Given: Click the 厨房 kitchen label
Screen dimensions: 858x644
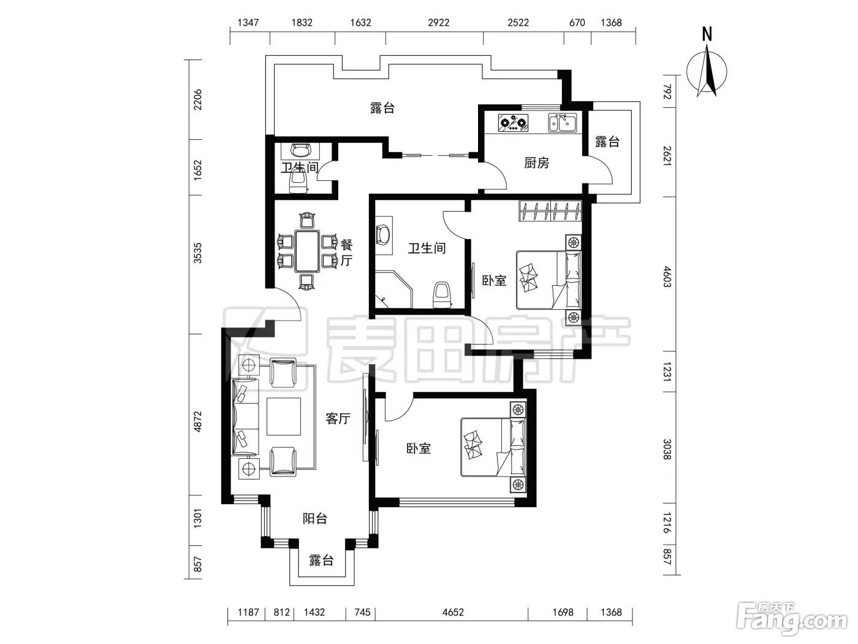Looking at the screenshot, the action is click(x=536, y=163).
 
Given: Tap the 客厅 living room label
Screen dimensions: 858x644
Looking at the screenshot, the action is click(x=338, y=419).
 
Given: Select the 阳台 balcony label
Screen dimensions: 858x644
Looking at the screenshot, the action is click(x=314, y=518).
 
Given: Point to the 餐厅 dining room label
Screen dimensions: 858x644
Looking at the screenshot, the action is click(x=346, y=253).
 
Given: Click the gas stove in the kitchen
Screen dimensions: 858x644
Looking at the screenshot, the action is click(x=513, y=123).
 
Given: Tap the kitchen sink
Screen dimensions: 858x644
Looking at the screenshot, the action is click(x=562, y=123).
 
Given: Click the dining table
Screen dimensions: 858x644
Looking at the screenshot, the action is click(x=307, y=251).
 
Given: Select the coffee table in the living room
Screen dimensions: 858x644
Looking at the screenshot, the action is click(x=283, y=416).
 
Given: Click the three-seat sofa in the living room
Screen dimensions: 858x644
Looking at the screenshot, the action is click(x=245, y=417).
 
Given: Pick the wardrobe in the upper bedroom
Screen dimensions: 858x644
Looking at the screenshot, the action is click(x=550, y=211).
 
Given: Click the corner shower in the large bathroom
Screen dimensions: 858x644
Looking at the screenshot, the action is click(x=393, y=289).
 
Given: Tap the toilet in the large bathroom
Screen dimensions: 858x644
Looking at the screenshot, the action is click(x=442, y=295).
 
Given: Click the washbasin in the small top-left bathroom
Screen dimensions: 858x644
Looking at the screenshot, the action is click(x=300, y=151).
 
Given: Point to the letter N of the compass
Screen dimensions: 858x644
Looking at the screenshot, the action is click(x=707, y=34).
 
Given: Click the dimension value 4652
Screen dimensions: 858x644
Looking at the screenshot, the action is click(x=453, y=612).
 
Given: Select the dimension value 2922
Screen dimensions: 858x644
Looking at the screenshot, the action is click(x=439, y=23).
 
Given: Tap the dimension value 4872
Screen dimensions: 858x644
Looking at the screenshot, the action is click(x=198, y=421).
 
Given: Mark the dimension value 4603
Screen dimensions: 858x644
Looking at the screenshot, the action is click(x=667, y=277).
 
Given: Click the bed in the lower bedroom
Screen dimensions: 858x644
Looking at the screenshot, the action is click(x=494, y=447).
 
